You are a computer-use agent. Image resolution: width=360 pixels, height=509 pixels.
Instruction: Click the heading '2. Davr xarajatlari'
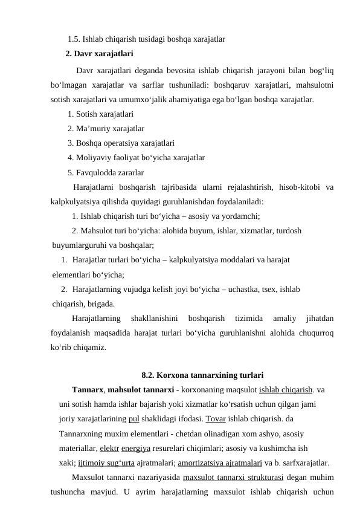tap(100, 53)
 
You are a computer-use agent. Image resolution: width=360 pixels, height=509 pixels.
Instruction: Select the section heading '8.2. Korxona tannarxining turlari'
tap(202, 374)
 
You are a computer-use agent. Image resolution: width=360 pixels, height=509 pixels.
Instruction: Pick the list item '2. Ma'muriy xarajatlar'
tap(106, 128)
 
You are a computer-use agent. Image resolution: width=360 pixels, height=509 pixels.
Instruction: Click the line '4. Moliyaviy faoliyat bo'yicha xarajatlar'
tap(136, 158)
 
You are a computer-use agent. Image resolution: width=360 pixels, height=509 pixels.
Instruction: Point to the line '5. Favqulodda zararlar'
tap(106, 173)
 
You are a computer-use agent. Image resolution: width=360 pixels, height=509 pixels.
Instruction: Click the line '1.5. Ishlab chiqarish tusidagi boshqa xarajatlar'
tap(147, 39)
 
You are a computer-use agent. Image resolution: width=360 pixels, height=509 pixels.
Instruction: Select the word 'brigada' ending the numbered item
tap(100, 304)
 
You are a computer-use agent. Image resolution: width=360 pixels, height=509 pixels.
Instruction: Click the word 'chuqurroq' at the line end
tap(317, 333)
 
